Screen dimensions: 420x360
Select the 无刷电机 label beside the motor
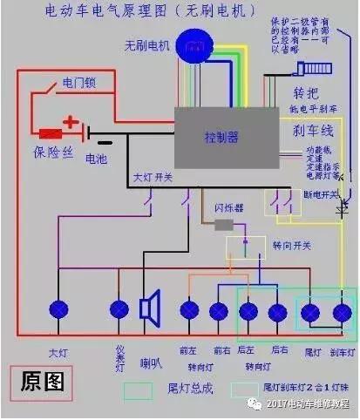pos(146,44)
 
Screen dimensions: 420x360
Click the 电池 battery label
pos(97,159)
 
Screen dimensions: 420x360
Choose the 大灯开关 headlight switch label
pos(154,179)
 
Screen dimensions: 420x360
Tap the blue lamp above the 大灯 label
pos(59,308)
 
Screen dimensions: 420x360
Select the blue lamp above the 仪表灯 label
pos(119,308)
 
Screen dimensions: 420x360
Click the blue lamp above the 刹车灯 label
pos(342,311)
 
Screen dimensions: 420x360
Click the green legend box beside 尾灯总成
pos(138,389)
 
